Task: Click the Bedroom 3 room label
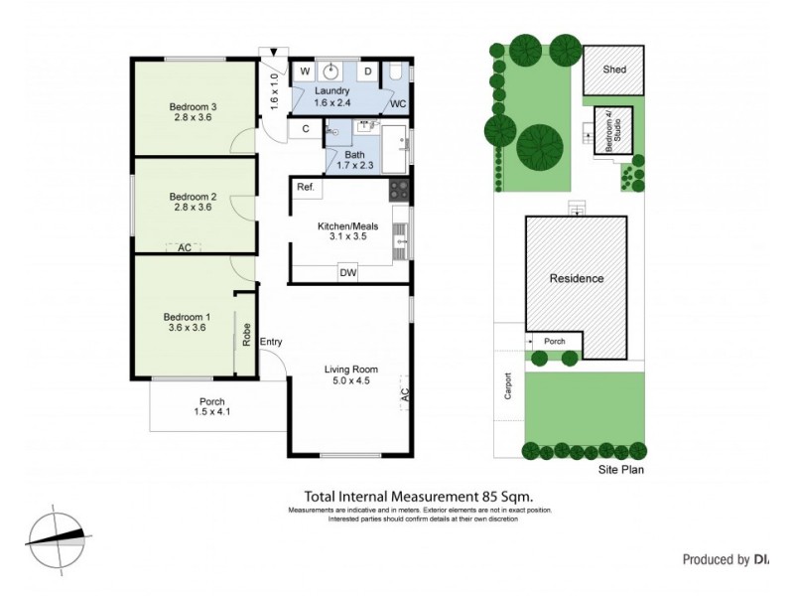point(193,107)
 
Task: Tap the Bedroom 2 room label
point(193,196)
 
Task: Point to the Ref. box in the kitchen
point(305,188)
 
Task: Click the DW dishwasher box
point(347,272)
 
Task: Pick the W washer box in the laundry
point(304,72)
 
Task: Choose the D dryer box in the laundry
point(366,72)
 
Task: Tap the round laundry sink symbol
point(334,71)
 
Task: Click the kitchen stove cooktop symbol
point(399,190)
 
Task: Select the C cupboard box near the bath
point(306,128)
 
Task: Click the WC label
point(397,103)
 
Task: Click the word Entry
point(271,343)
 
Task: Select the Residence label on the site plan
point(577,278)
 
